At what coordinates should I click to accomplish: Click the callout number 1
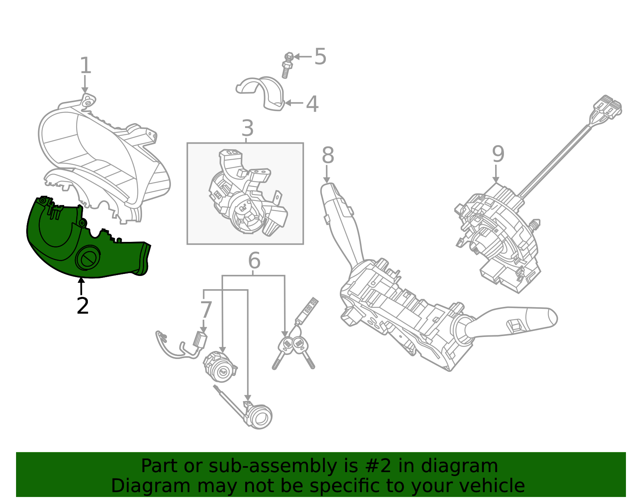[x=85, y=66]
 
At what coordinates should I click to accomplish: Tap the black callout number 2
[x=83, y=306]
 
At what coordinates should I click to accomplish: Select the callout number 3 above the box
[x=248, y=129]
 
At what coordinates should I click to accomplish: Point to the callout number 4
[x=312, y=104]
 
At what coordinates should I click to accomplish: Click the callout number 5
[x=320, y=57]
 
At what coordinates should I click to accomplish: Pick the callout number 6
[x=254, y=261]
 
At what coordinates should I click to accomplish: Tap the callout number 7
[x=206, y=310]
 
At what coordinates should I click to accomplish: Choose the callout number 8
[x=328, y=156]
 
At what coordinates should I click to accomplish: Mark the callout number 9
[x=498, y=154]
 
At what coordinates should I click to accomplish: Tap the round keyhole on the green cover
[x=88, y=258]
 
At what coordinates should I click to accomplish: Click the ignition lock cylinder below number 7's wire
[x=219, y=367]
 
